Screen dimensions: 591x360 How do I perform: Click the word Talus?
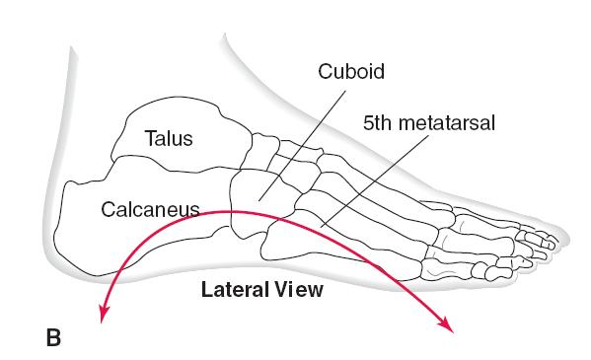tap(169, 138)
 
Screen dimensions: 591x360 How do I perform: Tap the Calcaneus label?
tap(150, 209)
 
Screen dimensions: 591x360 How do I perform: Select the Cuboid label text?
tap(351, 71)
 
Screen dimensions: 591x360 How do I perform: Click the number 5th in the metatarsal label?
tap(377, 123)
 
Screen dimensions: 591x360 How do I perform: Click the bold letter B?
tap(53, 337)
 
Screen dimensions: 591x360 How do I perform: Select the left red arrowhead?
tap(104, 314)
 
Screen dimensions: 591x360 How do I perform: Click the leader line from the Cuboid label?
tap(302, 145)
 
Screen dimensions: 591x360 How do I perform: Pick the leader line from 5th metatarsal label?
tap(375, 180)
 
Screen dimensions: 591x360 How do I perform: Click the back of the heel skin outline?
tap(47, 226)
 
